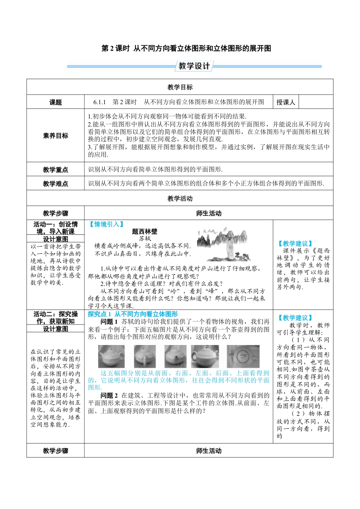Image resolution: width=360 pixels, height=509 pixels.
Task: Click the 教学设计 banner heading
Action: point(194,66)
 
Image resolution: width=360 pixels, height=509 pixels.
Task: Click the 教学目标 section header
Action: point(180,87)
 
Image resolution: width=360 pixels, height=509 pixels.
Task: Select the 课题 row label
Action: point(55,102)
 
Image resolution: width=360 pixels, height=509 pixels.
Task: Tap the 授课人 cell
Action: point(285,102)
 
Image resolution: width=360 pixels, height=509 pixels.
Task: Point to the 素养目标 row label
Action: point(55,136)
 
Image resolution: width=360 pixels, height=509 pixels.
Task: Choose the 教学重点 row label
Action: point(55,170)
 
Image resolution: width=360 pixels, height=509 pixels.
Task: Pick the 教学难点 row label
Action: point(55,184)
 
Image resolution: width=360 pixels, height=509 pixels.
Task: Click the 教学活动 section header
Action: point(180,198)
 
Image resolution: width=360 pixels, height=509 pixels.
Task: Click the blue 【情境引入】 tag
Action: point(106,225)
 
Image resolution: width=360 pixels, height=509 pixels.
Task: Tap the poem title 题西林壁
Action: point(145,231)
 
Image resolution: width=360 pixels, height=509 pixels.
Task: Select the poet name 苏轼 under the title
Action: point(145,239)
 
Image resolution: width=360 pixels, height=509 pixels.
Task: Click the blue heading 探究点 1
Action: point(99,314)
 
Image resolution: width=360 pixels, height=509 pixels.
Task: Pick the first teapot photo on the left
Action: point(111,356)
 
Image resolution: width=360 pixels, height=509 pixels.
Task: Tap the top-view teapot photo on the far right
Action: point(243,356)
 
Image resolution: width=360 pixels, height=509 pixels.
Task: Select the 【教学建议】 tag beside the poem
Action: point(295,244)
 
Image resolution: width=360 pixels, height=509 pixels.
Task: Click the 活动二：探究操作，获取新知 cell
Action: point(55,318)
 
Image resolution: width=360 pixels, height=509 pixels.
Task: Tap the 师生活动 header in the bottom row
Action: point(209,451)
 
